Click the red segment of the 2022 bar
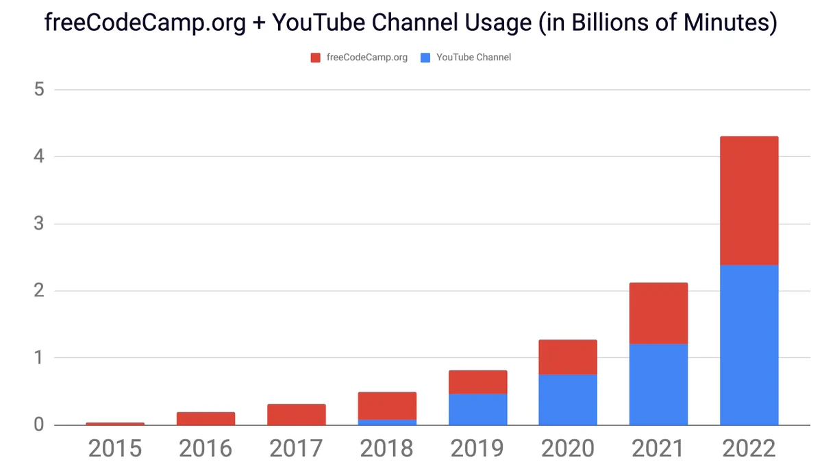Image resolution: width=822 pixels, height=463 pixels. tap(749, 200)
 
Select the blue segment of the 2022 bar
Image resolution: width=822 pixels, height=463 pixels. tap(749, 345)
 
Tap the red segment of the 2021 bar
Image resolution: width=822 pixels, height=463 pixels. tap(658, 313)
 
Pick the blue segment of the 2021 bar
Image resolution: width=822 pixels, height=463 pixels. tap(658, 385)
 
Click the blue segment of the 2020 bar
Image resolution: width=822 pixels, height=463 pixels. tap(568, 400)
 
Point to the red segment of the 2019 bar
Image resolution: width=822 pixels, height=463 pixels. tap(478, 382)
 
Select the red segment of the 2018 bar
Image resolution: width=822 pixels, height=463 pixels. tap(387, 405)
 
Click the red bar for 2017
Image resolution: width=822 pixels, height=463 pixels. tap(297, 415)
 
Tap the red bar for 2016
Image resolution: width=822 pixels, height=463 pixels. tap(206, 418)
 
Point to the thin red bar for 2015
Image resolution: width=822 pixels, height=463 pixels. tap(115, 424)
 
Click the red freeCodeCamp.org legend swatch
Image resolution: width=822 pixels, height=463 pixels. tap(315, 58)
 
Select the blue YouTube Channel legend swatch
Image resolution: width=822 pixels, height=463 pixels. tap(425, 58)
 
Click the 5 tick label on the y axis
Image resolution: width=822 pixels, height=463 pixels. tap(39, 89)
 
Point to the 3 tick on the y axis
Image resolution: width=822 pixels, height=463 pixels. tap(39, 224)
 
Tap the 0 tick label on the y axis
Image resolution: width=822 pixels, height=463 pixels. tap(39, 425)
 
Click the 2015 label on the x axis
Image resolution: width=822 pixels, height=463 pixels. tap(115, 449)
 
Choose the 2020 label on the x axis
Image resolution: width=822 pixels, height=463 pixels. tap(568, 449)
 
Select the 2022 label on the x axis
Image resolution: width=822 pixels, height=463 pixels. tap(749, 449)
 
